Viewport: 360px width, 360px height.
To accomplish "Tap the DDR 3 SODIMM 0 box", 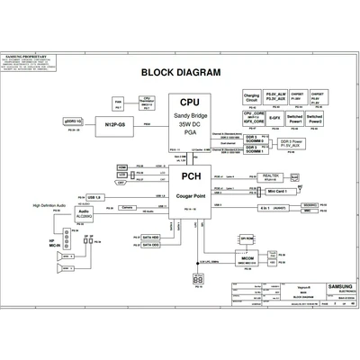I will point(254,140).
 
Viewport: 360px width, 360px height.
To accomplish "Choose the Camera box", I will point(128,208).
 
